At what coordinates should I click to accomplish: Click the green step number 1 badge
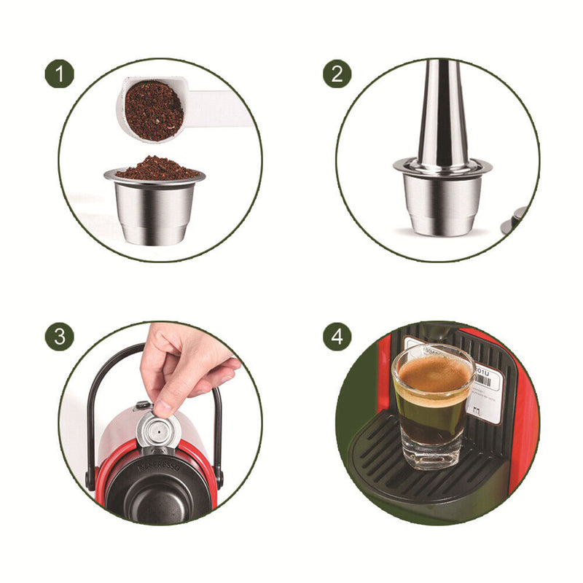(60, 74)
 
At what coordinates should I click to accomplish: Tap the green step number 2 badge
(337, 74)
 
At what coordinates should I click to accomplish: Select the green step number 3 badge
(60, 337)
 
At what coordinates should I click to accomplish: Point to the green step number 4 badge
(337, 337)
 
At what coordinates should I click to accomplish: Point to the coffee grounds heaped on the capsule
(156, 168)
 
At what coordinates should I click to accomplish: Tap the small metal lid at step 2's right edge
(519, 216)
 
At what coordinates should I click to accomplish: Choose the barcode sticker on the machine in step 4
(485, 394)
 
